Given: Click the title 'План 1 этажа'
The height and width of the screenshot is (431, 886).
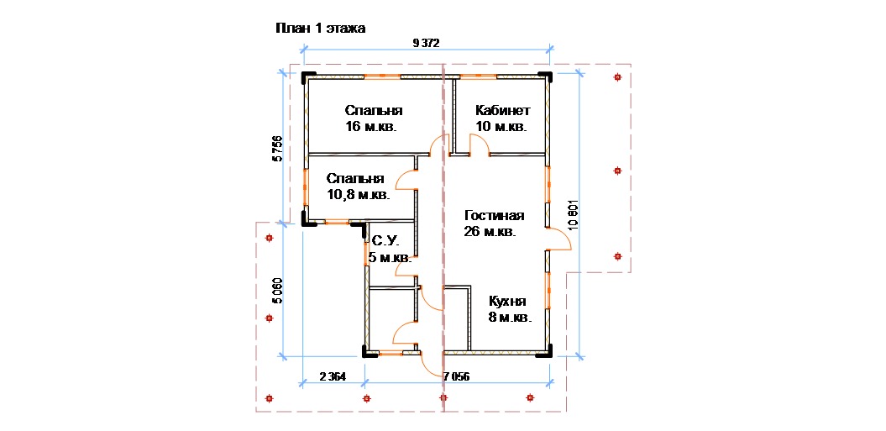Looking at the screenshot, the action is point(320,29).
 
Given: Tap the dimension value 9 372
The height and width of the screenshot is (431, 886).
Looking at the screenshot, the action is point(426,42).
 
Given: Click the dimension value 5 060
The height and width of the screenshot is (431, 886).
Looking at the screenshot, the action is point(277,292).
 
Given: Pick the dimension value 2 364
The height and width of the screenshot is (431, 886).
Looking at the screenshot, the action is point(332,376).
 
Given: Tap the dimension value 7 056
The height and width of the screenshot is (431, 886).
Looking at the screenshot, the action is point(457,376).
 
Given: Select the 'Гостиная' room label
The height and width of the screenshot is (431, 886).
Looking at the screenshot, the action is point(495,215).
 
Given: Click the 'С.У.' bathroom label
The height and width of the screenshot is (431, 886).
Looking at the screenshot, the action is point(385,241).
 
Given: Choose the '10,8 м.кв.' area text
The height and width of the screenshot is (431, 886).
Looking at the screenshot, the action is point(359,196).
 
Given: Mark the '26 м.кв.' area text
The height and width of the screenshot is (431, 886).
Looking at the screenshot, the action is point(490,232).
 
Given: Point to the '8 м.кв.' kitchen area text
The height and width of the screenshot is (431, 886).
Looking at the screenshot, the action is point(511,318).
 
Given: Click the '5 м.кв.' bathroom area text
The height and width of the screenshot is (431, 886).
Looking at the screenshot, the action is point(390,259).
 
